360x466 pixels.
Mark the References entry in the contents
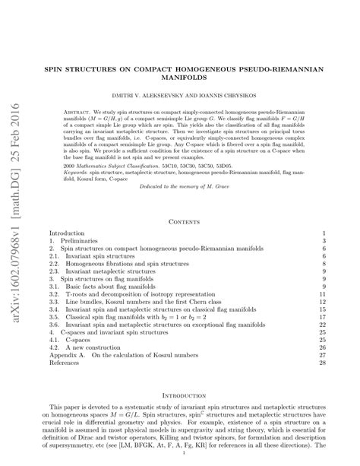point(66,363)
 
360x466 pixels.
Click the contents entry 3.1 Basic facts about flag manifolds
point(103,285)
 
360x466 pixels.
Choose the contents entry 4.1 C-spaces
point(74,338)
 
